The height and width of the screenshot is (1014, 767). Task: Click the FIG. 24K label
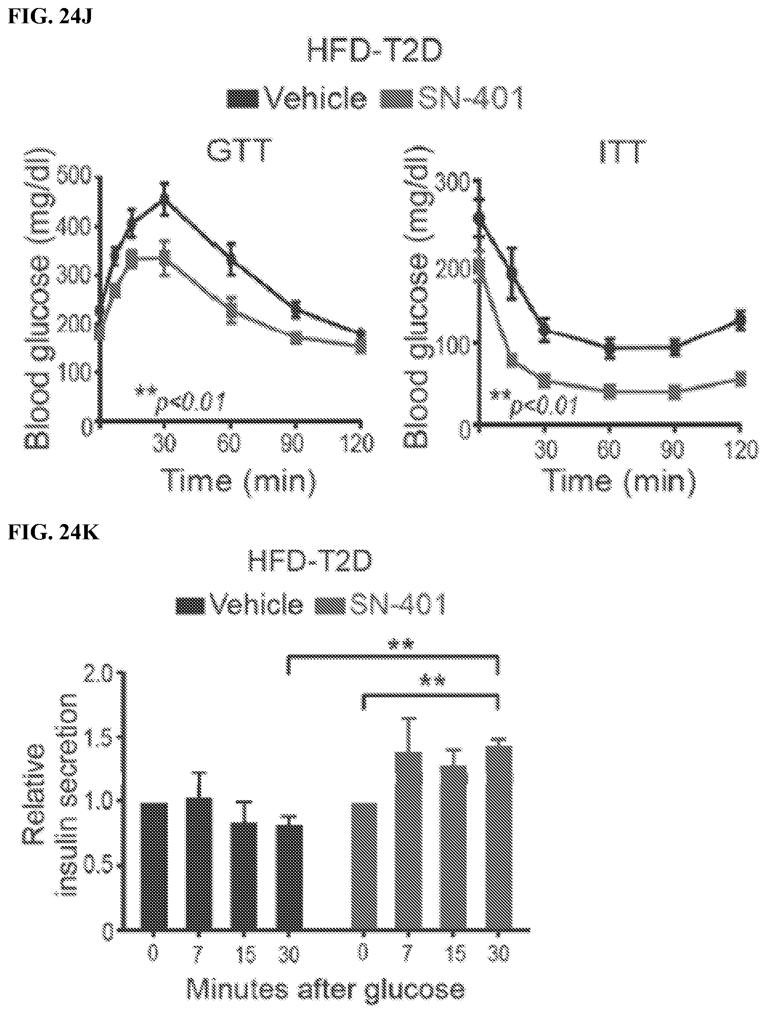coord(54,534)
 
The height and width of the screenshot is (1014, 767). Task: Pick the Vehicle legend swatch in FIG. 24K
coord(189,606)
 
